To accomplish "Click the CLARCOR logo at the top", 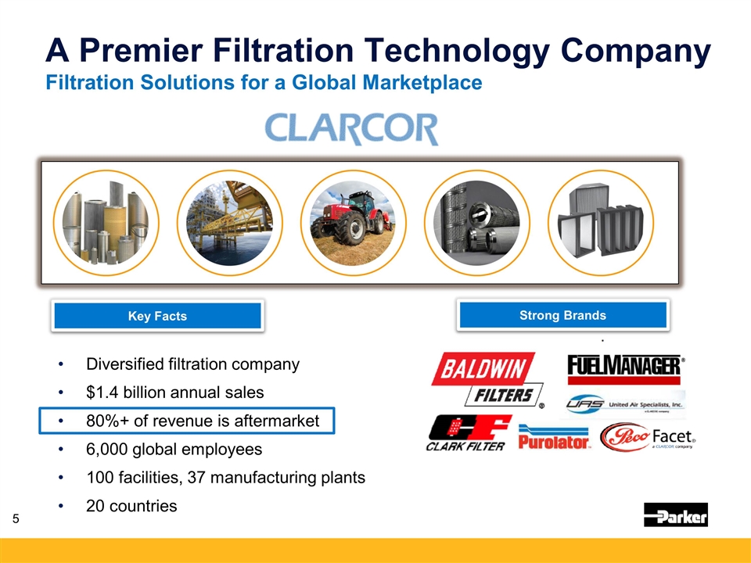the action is [351, 128].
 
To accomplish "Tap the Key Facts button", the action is [157, 315].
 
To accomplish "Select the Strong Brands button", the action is [562, 315].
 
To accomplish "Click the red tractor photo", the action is [353, 223].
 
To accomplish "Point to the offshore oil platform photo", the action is [229, 223].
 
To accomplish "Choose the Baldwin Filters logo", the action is [487, 380].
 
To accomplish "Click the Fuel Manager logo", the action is [626, 370].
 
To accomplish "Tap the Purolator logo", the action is [554, 436].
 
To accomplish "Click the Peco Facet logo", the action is [648, 436].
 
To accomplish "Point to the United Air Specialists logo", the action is [624, 404].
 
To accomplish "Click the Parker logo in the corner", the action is [675, 515].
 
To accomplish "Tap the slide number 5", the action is [16, 518].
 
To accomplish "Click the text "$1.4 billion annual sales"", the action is [174, 392].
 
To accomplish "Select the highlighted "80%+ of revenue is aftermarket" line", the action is [187, 421].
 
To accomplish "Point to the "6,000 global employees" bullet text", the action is [174, 449].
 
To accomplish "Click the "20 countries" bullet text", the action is [131, 506].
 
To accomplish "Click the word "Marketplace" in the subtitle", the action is [422, 82].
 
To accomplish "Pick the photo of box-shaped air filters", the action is [601, 223].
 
